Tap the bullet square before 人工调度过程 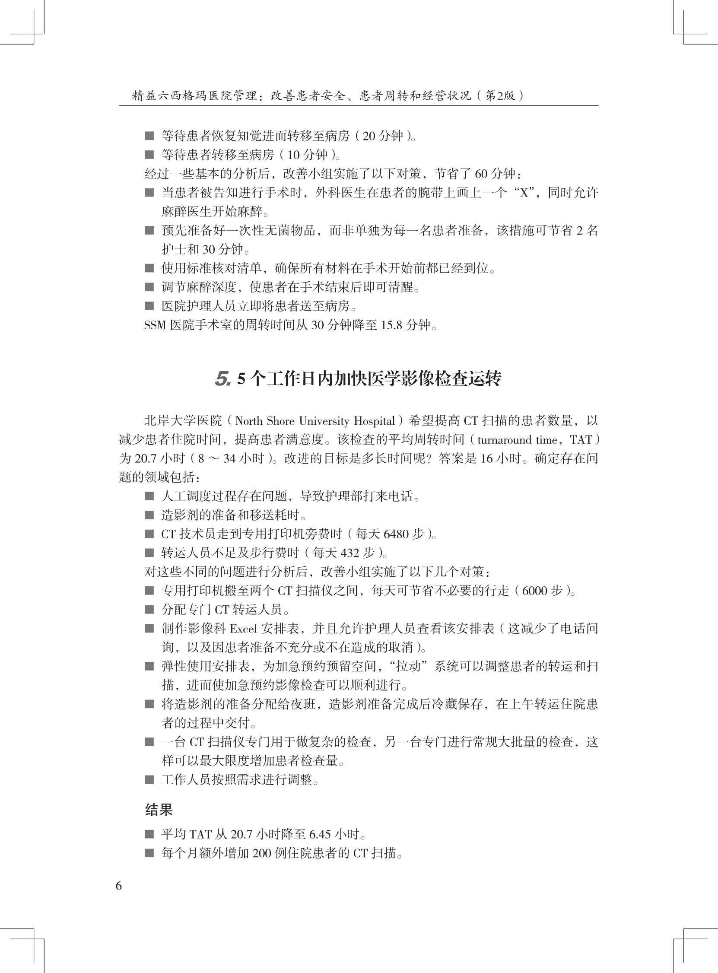click(149, 496)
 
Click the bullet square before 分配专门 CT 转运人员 click(149, 610)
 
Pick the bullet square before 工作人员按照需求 click(149, 780)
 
